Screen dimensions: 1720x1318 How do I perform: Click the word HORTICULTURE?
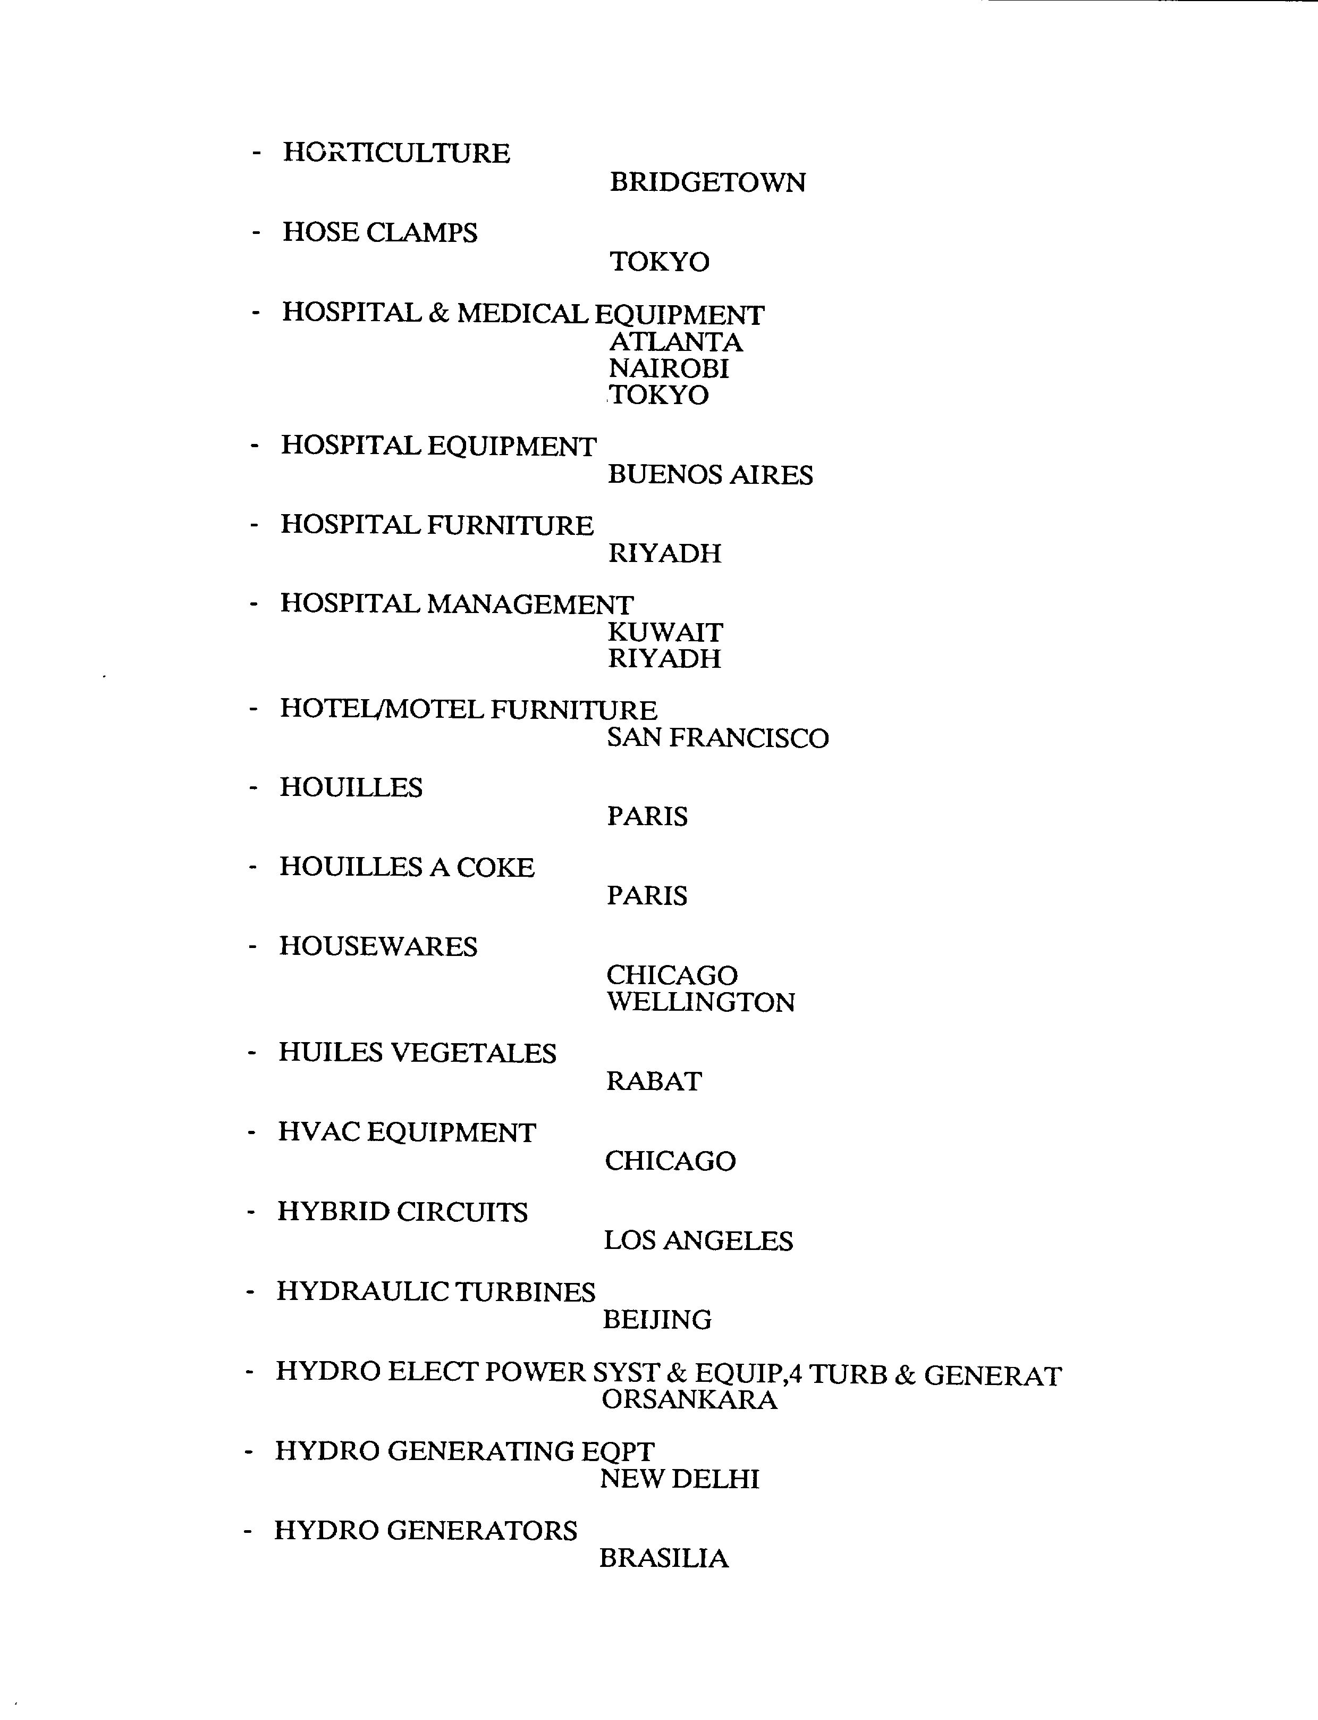tap(396, 153)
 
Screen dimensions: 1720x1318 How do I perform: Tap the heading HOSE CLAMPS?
tap(379, 232)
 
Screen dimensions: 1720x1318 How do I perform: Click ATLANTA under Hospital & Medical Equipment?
tap(675, 342)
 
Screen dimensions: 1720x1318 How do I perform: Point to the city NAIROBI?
tap(669, 369)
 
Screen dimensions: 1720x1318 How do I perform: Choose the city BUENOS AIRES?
tap(710, 475)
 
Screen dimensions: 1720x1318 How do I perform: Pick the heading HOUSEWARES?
tap(378, 946)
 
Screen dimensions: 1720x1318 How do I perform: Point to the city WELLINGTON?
tap(700, 1002)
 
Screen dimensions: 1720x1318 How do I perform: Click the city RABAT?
tap(654, 1081)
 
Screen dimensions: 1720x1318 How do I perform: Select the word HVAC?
tap(318, 1132)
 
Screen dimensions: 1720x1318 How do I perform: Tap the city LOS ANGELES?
tap(698, 1240)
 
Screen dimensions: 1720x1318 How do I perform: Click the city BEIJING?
tap(657, 1320)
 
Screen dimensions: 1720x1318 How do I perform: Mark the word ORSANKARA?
tap(689, 1400)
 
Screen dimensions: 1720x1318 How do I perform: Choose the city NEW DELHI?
tap(679, 1479)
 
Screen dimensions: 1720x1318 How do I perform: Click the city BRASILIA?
tap(664, 1558)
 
